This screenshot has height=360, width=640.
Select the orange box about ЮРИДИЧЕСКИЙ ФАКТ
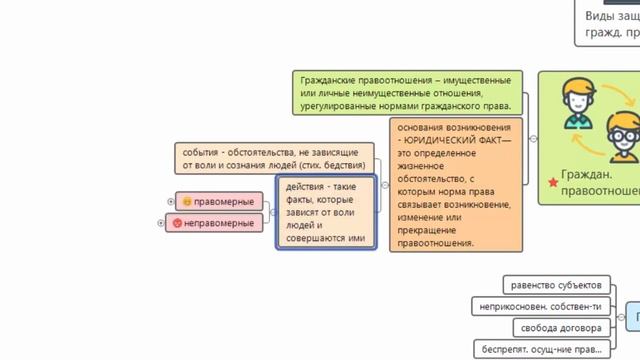[455, 184]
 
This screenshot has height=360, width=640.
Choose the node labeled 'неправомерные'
[214, 223]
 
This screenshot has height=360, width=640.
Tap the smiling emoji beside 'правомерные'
[188, 202]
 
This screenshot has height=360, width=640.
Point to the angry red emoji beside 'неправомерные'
[178, 223]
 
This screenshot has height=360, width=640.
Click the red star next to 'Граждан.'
[552, 182]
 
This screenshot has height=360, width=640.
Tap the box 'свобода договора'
[559, 328]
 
